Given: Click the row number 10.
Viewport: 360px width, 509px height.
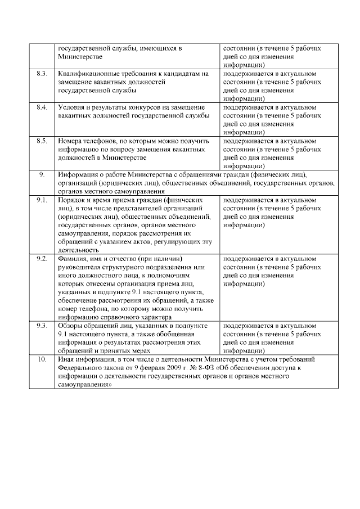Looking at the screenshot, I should click(x=41, y=359).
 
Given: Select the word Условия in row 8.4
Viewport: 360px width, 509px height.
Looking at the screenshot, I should click(x=71, y=107).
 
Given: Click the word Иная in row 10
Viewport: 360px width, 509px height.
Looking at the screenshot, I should click(x=66, y=359).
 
